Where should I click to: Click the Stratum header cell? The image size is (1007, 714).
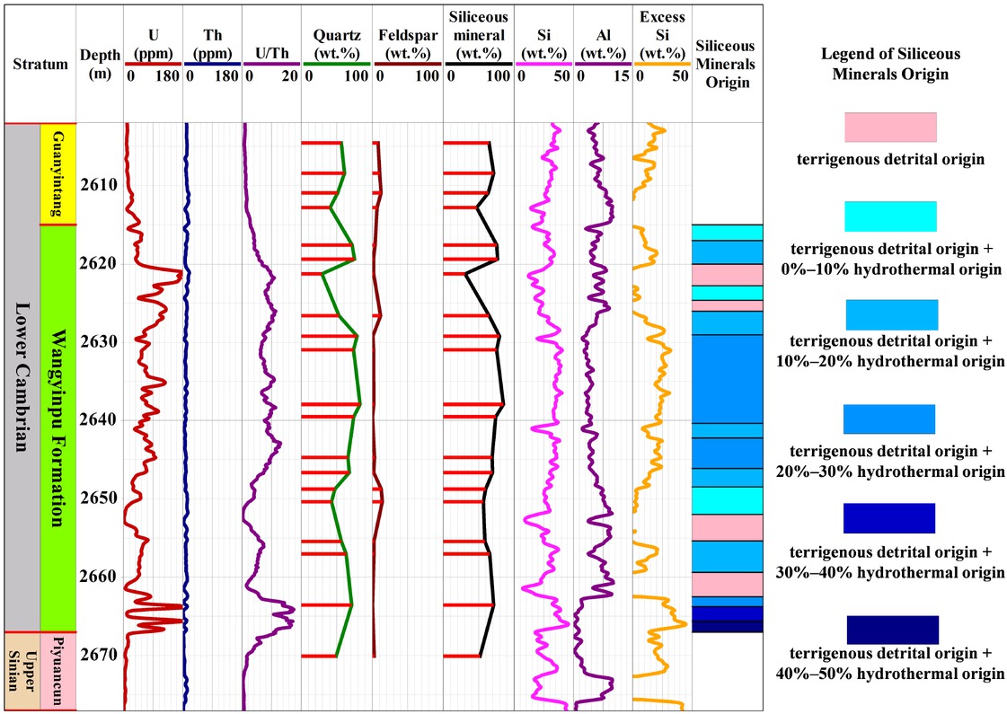40,64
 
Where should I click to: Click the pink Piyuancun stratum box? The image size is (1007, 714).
57,670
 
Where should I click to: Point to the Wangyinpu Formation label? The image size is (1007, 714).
57,428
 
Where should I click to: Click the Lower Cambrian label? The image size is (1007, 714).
22,377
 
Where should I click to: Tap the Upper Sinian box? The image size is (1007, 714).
22,670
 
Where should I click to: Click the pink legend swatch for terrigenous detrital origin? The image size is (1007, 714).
890,127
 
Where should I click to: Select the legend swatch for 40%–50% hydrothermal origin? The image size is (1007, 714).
890,630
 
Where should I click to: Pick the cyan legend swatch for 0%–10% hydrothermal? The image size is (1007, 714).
890,216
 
